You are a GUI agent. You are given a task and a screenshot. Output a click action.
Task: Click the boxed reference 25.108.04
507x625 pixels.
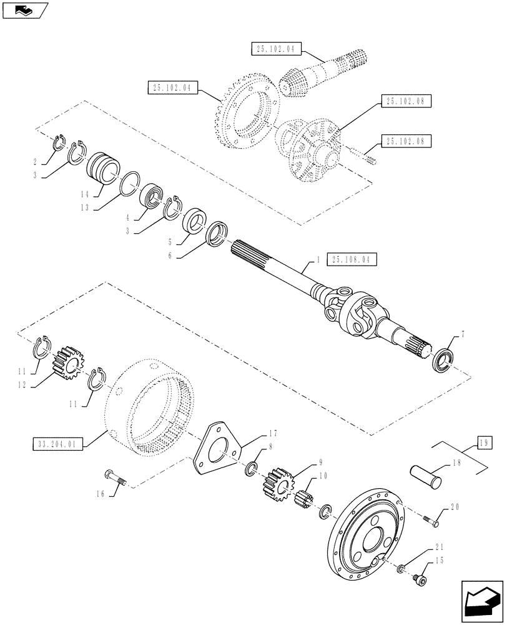point(351,258)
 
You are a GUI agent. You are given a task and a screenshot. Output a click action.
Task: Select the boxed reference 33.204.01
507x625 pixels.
point(57,444)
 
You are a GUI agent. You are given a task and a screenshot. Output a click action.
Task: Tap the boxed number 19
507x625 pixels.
point(485,443)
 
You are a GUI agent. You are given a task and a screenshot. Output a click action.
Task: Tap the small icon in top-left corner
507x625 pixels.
point(24,9)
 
